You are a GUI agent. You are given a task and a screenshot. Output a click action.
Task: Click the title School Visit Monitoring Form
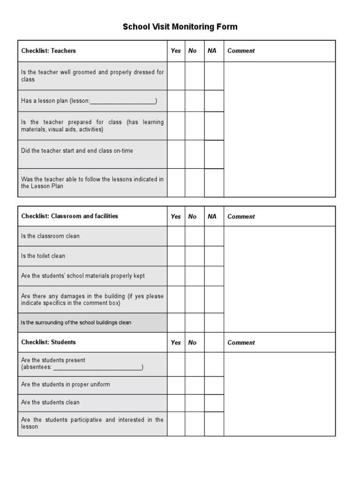pos(180,27)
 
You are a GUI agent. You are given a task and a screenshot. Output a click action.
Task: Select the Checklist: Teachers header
pos(48,51)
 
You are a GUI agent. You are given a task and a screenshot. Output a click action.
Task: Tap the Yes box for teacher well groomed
pos(176,76)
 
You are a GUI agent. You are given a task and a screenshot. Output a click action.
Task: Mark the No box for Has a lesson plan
pos(195,101)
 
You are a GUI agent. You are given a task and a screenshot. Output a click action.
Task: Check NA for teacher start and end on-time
pos(214,154)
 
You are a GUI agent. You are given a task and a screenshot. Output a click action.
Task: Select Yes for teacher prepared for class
pos(176,126)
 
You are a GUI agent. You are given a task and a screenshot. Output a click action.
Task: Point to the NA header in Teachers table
pos(212,51)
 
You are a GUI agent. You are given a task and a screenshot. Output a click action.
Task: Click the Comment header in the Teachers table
pos(241,51)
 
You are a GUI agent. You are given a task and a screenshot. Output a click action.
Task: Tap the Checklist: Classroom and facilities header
pos(69,216)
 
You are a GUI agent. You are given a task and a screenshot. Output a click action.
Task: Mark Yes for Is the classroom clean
pos(176,236)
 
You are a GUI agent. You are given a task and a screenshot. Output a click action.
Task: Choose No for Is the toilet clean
pos(195,256)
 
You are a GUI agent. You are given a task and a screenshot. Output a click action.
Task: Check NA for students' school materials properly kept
pos(214,276)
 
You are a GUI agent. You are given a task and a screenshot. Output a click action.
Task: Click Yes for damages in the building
pos(176,300)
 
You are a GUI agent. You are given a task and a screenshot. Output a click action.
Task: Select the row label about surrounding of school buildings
pos(76,322)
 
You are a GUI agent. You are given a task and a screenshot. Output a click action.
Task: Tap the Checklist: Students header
pos(48,342)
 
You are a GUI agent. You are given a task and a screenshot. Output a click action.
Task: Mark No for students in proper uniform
pos(195,385)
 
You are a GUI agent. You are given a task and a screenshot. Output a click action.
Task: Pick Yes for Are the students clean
pos(176,403)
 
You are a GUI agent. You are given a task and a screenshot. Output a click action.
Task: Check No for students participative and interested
pos(195,424)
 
